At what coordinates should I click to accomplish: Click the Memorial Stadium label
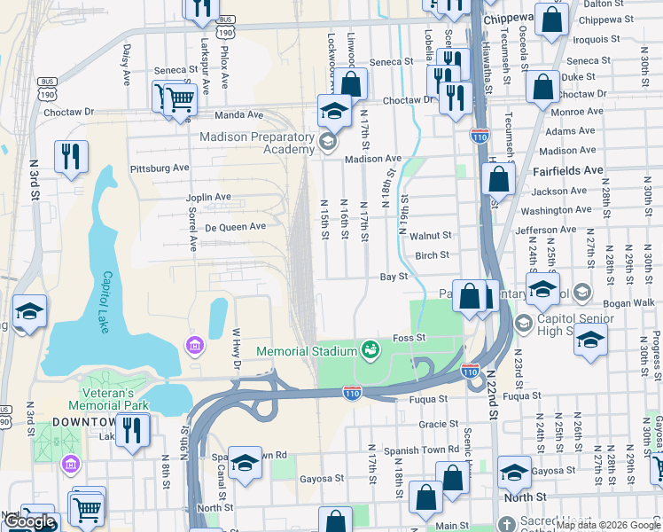(x=306, y=351)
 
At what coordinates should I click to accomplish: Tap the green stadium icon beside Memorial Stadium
(x=370, y=351)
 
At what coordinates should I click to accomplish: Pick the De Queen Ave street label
(x=235, y=226)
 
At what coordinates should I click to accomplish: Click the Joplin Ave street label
(x=208, y=197)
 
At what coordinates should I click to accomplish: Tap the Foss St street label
(x=409, y=338)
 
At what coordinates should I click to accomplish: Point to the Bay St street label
(x=393, y=277)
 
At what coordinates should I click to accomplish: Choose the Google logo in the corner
(x=30, y=522)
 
